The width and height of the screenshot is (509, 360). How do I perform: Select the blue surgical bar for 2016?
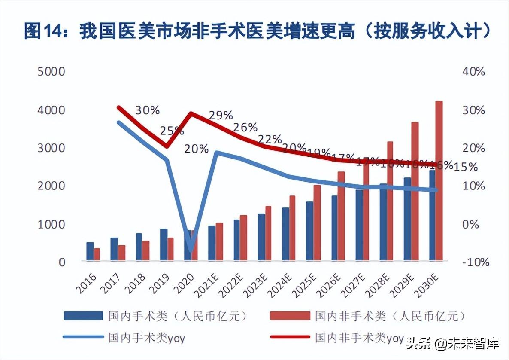pyautogui.click(x=90, y=251)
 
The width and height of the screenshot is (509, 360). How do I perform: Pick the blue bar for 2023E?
pyautogui.click(x=261, y=237)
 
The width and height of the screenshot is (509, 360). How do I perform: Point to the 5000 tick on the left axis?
pyautogui.click(x=52, y=72)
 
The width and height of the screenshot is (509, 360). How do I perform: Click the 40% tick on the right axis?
pyautogui.click(x=474, y=72)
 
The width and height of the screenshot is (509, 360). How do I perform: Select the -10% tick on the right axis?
pyautogui.click(x=473, y=262)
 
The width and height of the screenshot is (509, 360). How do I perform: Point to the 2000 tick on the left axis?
pyautogui.click(x=52, y=186)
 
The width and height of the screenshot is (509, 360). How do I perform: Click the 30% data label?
pyautogui.click(x=147, y=110)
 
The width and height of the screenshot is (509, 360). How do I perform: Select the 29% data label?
pyautogui.click(x=221, y=115)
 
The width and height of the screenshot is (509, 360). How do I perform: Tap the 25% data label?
pyautogui.click(x=172, y=130)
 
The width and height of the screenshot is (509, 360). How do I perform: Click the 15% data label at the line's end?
pyautogui.click(x=466, y=167)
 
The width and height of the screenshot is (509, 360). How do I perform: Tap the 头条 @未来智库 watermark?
pyautogui.click(x=453, y=343)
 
